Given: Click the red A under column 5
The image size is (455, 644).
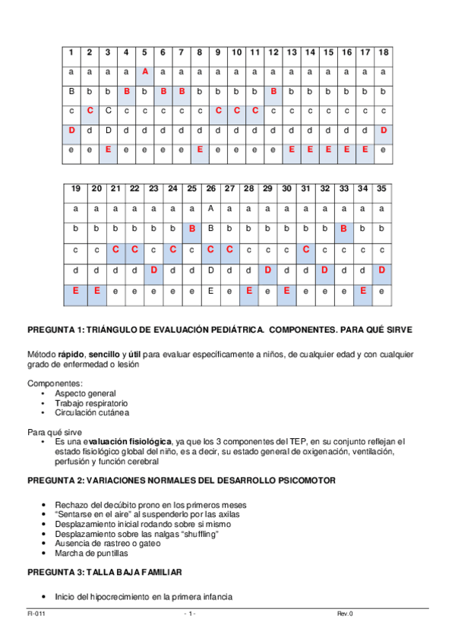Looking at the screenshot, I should click(x=144, y=71).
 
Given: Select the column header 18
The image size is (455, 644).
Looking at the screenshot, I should click(x=384, y=52).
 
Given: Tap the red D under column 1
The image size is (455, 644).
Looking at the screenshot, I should click(x=71, y=131).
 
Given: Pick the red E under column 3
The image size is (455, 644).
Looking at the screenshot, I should click(x=108, y=150).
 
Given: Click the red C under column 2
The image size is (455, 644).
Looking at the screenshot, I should click(x=90, y=111).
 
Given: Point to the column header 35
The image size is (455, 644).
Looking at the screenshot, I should click(x=381, y=188).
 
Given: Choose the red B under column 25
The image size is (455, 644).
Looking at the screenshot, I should click(x=192, y=228).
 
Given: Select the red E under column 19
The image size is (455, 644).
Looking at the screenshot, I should click(x=76, y=290).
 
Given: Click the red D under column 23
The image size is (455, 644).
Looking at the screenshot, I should click(x=153, y=270).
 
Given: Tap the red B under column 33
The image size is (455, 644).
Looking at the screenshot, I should click(x=344, y=228).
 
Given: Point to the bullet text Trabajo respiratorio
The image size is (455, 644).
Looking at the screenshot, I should click(x=91, y=403).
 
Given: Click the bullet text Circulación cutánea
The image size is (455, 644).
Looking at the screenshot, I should click(x=92, y=413).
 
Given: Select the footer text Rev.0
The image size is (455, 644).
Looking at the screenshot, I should click(x=346, y=614).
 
